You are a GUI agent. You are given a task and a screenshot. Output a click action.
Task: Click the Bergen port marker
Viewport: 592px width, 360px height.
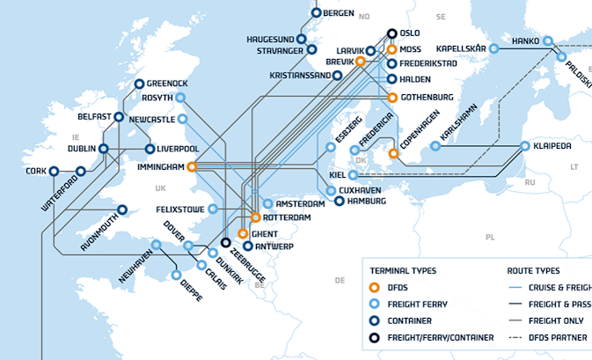[x=317, y=13]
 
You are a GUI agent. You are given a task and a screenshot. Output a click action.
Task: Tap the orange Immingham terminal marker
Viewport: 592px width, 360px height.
[x=192, y=165]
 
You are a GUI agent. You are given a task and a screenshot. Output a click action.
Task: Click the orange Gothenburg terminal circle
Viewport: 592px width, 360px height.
[x=392, y=97]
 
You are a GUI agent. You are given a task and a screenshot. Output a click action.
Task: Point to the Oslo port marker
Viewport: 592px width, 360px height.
[x=392, y=33]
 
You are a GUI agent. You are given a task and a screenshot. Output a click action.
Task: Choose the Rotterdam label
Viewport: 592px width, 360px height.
[x=287, y=217]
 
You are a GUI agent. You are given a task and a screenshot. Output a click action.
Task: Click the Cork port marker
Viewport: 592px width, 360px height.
[x=54, y=171]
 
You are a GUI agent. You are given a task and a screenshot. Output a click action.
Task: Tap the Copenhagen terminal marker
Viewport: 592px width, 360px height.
[x=394, y=154]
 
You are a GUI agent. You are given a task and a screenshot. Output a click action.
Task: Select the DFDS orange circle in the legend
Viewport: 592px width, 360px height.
[x=375, y=287]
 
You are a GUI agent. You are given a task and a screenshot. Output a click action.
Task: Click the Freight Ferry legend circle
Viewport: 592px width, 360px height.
[x=375, y=304]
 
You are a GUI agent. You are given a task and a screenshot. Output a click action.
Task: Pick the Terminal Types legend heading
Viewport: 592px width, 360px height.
[x=403, y=270]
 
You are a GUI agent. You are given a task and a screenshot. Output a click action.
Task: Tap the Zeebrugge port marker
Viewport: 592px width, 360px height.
[x=226, y=242]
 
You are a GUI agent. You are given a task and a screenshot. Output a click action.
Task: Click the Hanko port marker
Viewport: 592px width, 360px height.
[x=547, y=40]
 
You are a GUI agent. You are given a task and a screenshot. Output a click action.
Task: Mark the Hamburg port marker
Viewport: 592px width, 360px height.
[x=340, y=201]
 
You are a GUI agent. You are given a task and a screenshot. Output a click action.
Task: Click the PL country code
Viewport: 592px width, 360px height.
[x=490, y=237]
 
